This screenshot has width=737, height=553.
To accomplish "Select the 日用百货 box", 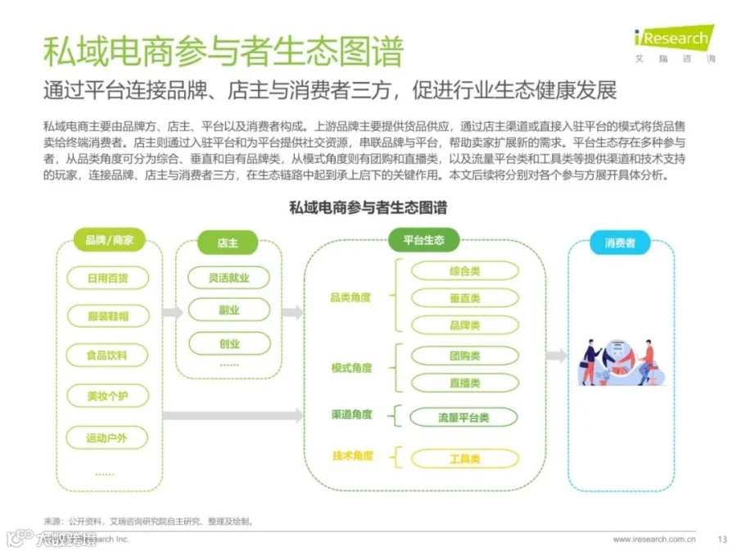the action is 107,278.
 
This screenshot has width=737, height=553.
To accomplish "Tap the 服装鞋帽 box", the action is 107,316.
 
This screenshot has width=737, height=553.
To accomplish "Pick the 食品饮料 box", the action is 107,356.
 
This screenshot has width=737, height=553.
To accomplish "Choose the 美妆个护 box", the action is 107,396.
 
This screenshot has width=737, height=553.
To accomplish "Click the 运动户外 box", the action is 107,437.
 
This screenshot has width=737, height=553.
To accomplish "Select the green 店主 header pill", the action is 228,243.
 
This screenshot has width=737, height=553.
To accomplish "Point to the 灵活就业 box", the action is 228,278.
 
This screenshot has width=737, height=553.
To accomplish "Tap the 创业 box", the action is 228,342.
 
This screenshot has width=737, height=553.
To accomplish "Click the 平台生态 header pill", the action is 423,240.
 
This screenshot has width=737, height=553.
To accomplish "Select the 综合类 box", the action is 464,270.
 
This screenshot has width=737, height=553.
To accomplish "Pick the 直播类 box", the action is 464,383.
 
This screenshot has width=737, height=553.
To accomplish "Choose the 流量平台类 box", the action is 463,418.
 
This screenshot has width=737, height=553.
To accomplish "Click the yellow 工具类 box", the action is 464,458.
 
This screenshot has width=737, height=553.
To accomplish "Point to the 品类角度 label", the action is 350,297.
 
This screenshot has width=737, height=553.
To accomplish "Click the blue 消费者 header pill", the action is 620,243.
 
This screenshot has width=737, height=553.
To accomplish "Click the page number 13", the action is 721,539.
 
